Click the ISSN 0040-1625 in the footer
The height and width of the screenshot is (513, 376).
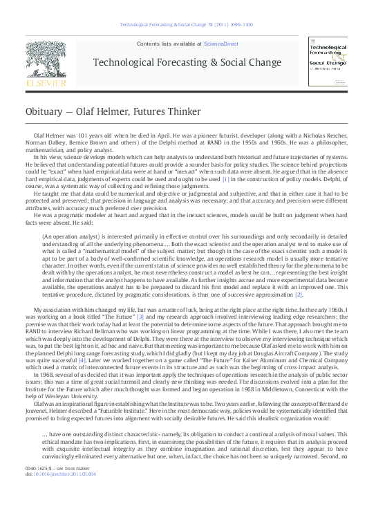[x=36, y=488]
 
